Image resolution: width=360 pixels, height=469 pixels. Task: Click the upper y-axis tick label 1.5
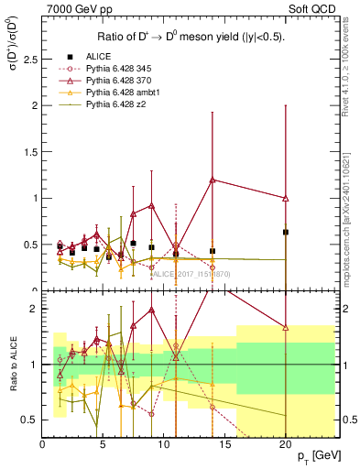pyautogui.click(x=31, y=152)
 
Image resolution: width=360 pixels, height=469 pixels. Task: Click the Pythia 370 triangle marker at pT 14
pyautogui.click(x=213, y=180)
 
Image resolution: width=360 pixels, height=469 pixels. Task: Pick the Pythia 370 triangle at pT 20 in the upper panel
pyautogui.click(x=286, y=198)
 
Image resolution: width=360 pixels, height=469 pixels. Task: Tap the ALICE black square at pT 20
pyautogui.click(x=286, y=233)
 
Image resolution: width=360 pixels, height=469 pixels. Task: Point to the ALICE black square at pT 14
pyautogui.click(x=213, y=251)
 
